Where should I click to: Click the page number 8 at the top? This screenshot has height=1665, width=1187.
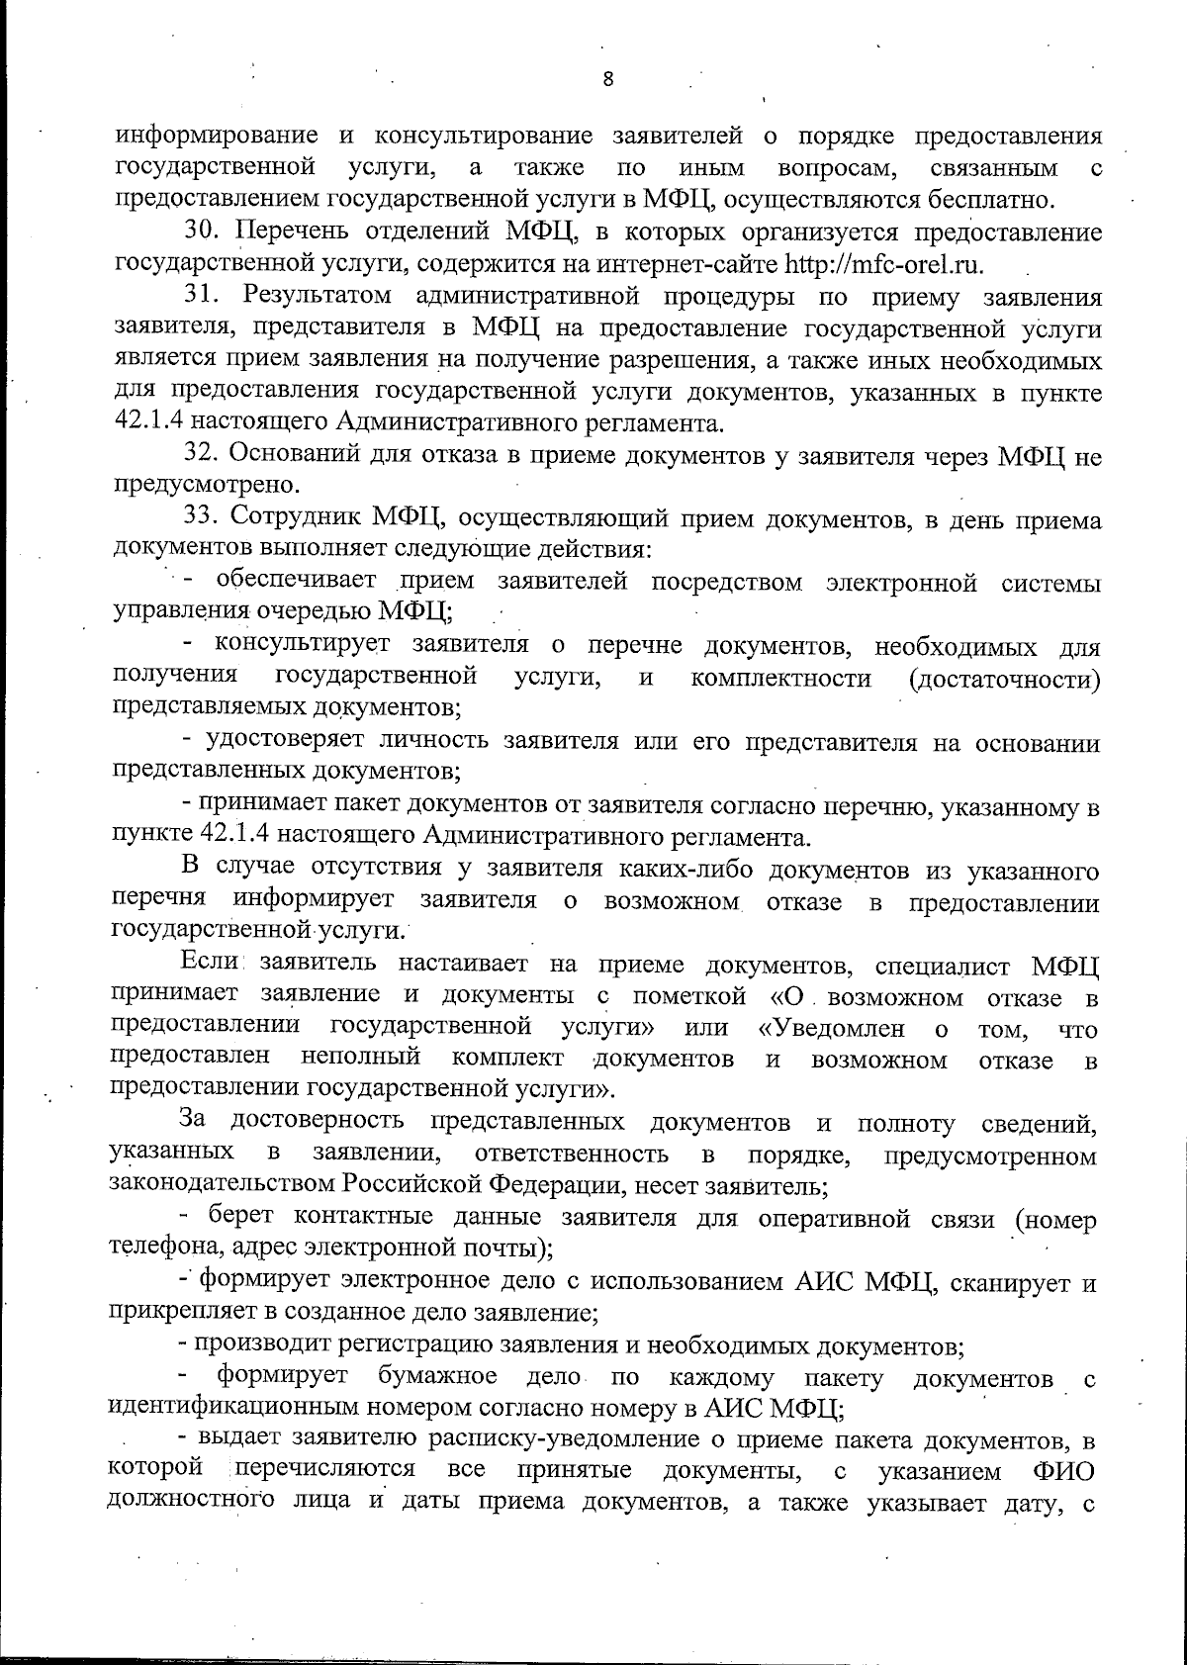point(607,80)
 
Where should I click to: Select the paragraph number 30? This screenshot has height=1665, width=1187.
point(207,233)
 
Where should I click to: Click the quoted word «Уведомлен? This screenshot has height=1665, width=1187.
point(831,1028)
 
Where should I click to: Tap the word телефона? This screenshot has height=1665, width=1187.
point(159,1247)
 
